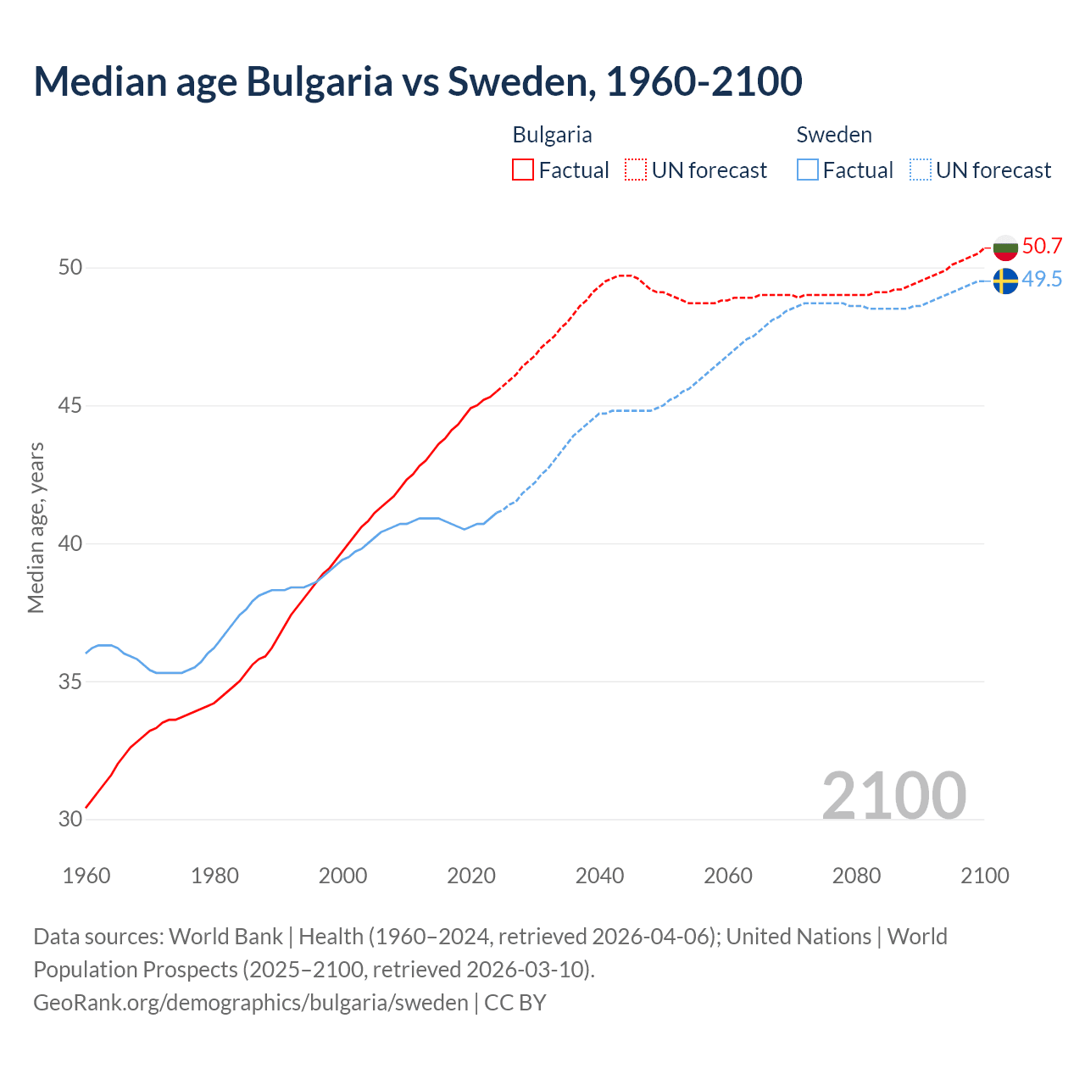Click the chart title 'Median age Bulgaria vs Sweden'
(417, 82)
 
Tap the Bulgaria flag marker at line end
(1005, 248)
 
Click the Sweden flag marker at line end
(1005, 281)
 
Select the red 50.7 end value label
(1042, 247)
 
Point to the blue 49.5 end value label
(1042, 280)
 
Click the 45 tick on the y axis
(70, 406)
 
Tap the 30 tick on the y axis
(70, 820)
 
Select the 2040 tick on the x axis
(599, 876)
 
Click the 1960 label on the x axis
(86, 876)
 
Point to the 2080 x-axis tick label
(856, 876)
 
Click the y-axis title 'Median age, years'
(36, 527)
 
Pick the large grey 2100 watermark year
(893, 795)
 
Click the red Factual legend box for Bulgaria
(523, 170)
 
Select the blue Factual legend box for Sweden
(808, 170)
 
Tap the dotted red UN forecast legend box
(636, 170)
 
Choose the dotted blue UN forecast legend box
(921, 170)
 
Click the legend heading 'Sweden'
(834, 135)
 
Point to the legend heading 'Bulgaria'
(552, 135)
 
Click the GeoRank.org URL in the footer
(251, 1003)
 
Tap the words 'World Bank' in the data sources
(225, 937)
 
